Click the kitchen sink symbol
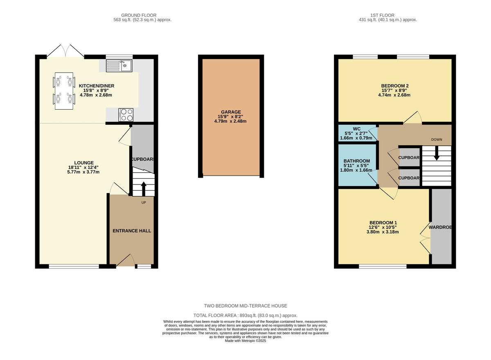pos(119,65)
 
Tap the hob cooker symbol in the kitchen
pos(126,115)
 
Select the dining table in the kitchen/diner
pos(64,90)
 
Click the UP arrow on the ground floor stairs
pos(143,189)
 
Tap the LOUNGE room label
pos(84,162)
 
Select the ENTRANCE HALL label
pos(132,231)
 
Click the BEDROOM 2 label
pos(395,86)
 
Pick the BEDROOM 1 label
pos(383,223)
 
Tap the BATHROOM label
pos(357,161)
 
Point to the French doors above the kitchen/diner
pos(65,50)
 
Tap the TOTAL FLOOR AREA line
pos(245,315)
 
